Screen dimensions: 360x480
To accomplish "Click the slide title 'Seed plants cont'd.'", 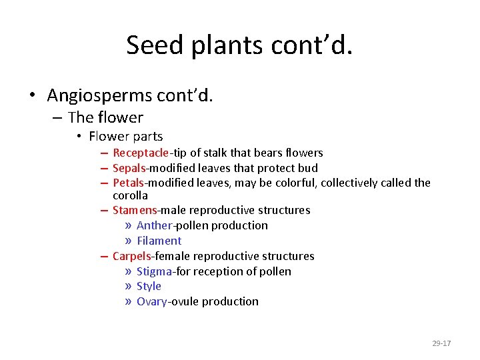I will [x=239, y=45].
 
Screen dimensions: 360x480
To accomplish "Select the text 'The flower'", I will [x=105, y=117].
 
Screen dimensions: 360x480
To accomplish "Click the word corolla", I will [x=130, y=195].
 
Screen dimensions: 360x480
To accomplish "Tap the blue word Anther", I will [x=154, y=225].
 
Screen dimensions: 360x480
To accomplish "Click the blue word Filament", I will [x=159, y=241].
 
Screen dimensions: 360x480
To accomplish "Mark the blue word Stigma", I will [x=154, y=271].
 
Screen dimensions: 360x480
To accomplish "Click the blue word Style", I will [x=149, y=286].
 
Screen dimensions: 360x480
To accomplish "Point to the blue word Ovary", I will [x=152, y=301].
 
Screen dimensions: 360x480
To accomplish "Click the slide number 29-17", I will [x=441, y=343].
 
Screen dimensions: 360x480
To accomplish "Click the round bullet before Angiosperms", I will [x=32, y=96].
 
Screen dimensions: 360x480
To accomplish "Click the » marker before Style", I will [x=128, y=287].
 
